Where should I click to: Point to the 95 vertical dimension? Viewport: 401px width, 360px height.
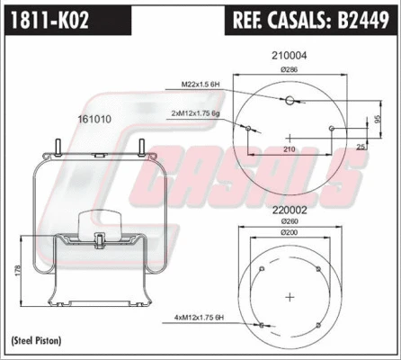tap(379, 118)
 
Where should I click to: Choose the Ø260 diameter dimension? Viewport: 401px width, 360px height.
tap(290, 221)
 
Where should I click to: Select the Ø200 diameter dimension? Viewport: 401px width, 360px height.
tap(290, 232)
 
